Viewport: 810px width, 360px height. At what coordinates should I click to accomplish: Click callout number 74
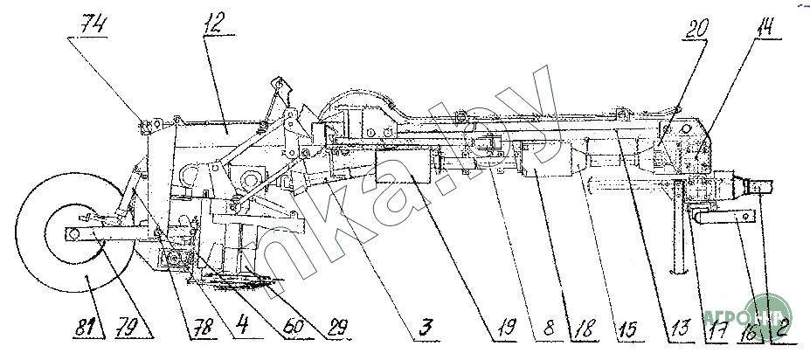(x=90, y=25)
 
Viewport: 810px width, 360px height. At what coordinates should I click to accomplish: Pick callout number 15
(x=628, y=329)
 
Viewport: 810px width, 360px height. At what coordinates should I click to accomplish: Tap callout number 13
(x=675, y=329)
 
